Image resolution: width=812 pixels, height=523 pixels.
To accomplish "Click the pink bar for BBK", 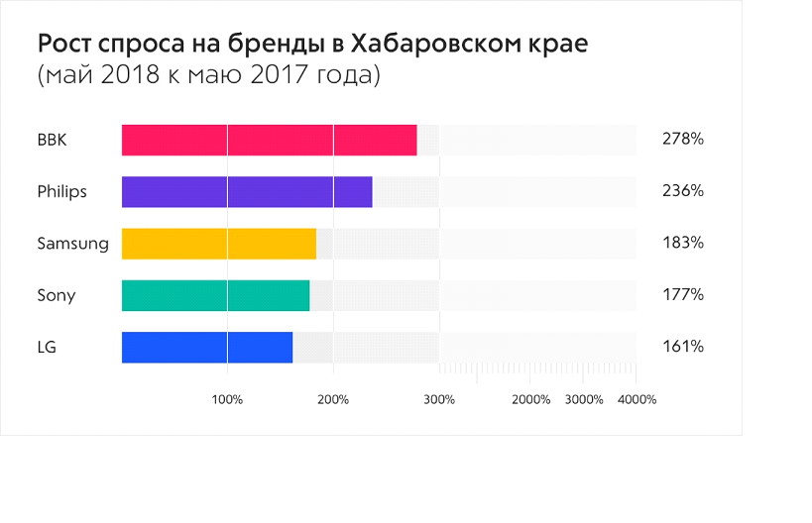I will (x=269, y=140).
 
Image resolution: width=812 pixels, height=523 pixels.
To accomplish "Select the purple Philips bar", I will (x=247, y=191).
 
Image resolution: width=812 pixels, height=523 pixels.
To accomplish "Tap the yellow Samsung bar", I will (x=218, y=244).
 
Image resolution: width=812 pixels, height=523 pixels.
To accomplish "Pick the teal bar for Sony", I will (x=215, y=295).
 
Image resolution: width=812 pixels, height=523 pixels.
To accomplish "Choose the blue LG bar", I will (x=206, y=347).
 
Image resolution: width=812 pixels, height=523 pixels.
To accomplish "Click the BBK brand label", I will (x=52, y=140).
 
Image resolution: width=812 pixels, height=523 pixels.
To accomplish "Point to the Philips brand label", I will (x=61, y=191).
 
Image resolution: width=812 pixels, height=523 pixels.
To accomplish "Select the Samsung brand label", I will (x=72, y=244).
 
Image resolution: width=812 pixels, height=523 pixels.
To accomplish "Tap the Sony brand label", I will (x=56, y=295).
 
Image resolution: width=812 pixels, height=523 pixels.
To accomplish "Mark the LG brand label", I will (x=47, y=347).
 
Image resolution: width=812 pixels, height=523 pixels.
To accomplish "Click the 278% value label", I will (x=682, y=140).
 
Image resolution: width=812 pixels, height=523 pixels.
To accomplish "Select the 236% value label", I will (x=682, y=191).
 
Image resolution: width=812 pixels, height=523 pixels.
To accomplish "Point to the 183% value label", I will (x=682, y=244).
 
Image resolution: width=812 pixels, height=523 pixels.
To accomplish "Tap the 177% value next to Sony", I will (x=682, y=295).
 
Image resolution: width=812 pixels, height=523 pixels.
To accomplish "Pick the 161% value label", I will (x=682, y=347).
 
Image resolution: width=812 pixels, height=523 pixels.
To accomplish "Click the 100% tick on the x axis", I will (x=227, y=399).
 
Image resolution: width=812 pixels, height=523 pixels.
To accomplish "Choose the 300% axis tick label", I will (x=438, y=399).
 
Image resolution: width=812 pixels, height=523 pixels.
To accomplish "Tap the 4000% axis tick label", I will (x=637, y=399).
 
